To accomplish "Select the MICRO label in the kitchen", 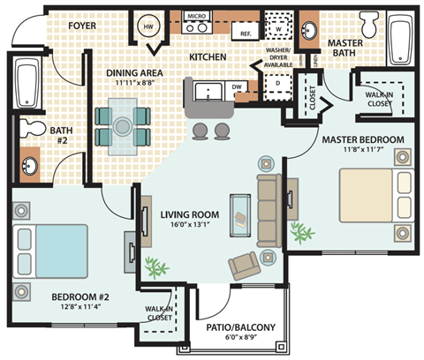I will pyautogui.click(x=196, y=16).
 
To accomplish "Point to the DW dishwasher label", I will pyautogui.click(x=236, y=87).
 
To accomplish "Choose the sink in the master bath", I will pyautogui.click(x=310, y=31).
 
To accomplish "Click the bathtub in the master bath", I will pyautogui.click(x=398, y=37).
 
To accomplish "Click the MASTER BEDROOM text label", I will pyautogui.click(x=362, y=139).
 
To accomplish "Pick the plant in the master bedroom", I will pyautogui.click(x=304, y=232).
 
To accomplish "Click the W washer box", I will pyautogui.click(x=280, y=26).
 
